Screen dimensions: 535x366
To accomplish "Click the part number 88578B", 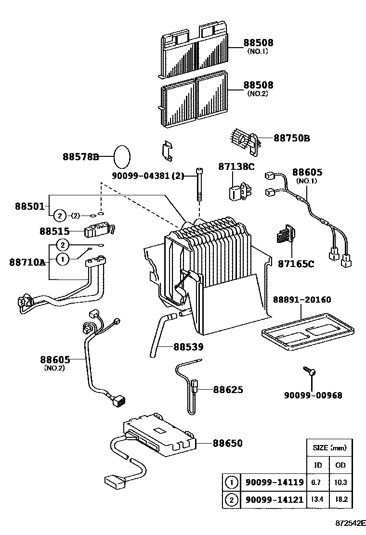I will [80, 156].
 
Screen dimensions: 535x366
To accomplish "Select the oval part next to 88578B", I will [122, 156].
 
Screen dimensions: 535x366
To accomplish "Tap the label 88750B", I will [292, 138].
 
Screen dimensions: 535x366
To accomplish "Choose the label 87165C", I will [296, 264].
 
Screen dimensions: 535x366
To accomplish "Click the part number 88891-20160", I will [302, 300].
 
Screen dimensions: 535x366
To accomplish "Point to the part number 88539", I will [188, 346].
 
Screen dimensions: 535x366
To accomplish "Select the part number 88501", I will [30, 206].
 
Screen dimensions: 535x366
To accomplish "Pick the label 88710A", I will [27, 262].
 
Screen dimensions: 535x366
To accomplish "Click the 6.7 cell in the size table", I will [318, 483].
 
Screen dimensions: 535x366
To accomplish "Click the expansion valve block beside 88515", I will [99, 230].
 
